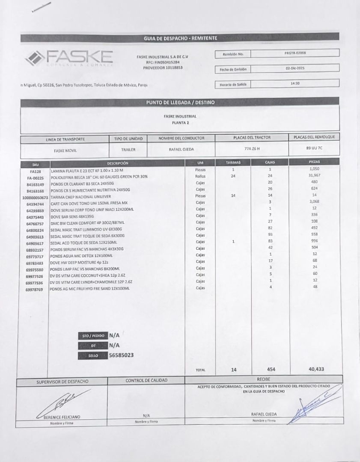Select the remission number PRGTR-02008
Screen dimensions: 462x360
(295, 53)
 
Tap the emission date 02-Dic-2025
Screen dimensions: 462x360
(295, 68)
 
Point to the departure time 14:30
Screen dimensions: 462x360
(295, 83)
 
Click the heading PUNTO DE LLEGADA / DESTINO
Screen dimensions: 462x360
(180, 103)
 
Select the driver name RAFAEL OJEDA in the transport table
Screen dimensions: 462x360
(181, 149)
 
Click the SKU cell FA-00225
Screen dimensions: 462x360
(35, 177)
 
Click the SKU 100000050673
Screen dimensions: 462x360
(35, 198)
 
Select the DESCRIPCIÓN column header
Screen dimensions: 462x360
(117, 163)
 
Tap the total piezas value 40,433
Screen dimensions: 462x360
(316, 369)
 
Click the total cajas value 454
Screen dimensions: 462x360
(271, 369)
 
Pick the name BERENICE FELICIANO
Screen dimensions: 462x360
(62, 417)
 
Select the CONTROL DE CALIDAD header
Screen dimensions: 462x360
(146, 380)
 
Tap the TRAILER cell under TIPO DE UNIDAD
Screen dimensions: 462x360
(128, 150)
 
